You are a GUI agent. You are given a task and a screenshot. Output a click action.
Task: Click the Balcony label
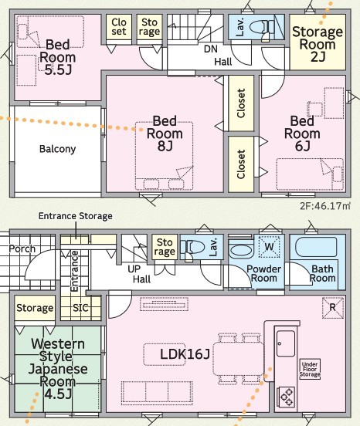(x=57, y=149)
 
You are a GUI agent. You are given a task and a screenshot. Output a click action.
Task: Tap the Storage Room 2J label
(x=318, y=44)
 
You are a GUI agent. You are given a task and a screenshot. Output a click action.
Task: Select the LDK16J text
(x=185, y=354)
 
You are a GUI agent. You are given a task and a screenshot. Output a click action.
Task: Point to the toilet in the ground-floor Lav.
(x=195, y=247)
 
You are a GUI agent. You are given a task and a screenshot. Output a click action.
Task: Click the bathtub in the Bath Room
(x=316, y=247)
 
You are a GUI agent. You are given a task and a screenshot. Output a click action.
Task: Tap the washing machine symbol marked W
(x=269, y=246)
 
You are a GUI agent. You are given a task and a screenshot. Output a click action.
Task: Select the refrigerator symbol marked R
(x=333, y=308)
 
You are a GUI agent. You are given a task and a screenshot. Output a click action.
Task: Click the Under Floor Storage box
(x=310, y=369)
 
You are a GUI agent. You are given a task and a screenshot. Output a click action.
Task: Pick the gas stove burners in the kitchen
(x=286, y=397)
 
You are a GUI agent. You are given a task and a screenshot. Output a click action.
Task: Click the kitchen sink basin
(x=286, y=343)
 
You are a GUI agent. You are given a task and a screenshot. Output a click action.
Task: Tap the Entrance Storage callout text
(x=75, y=216)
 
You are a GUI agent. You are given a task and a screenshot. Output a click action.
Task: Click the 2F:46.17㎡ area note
(x=325, y=206)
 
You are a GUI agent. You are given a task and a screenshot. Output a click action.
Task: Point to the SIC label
(x=80, y=308)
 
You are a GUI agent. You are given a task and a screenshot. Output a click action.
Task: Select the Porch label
(x=22, y=248)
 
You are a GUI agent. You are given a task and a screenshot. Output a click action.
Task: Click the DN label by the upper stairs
(x=211, y=49)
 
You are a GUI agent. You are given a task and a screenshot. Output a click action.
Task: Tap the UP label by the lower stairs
(x=134, y=269)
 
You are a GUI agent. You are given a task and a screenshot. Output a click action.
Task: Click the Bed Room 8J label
(x=165, y=134)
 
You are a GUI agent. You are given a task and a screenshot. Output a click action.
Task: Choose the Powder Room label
(x=263, y=274)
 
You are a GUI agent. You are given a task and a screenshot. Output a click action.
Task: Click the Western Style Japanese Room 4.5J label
(x=58, y=369)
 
